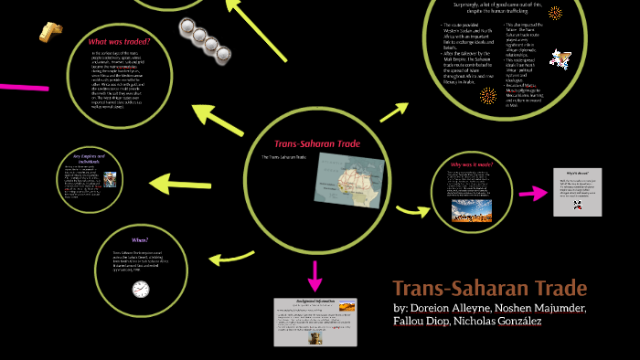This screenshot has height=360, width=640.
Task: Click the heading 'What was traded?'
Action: coord(120,42)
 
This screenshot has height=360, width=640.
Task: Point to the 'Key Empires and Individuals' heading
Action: coord(91,158)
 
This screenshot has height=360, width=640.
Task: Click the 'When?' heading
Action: coord(140,238)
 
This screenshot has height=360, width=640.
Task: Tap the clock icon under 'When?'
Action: coord(140,289)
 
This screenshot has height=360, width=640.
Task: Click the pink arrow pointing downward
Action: coord(315,274)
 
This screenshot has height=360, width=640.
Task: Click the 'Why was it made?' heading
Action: coord(473,165)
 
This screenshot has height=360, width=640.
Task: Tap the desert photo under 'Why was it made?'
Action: coord(472,211)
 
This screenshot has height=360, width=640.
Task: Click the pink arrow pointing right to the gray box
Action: coord(530,193)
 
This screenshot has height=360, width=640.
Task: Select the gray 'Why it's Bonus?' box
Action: coord(577,192)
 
